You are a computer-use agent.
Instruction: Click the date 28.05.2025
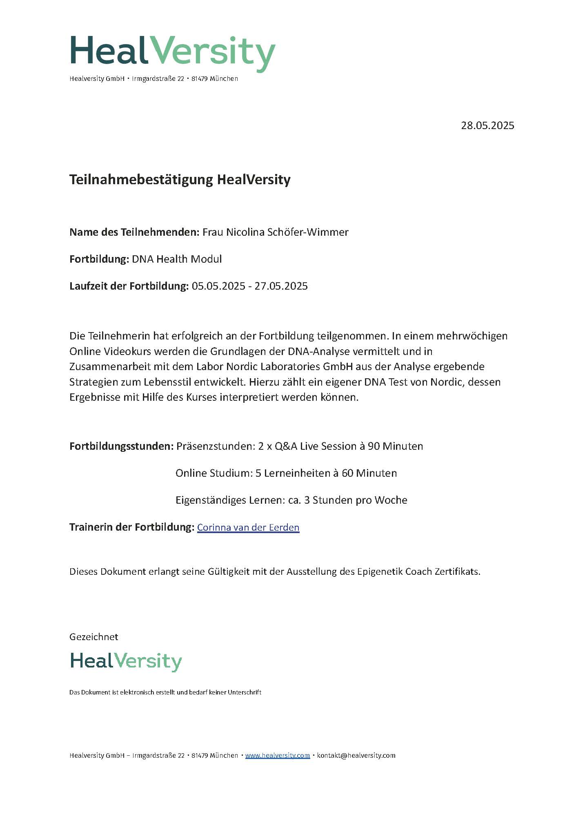[487, 125]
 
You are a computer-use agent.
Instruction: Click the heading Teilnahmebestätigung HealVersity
[180, 180]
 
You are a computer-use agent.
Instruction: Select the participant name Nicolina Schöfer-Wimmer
[287, 232]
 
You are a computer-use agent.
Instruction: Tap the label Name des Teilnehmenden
[134, 232]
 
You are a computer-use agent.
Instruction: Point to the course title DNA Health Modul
[177, 259]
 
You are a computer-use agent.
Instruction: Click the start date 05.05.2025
[218, 286]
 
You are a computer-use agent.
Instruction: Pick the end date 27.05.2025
[281, 286]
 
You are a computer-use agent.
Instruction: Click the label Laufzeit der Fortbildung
[129, 286]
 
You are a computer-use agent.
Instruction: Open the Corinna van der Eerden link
[248, 527]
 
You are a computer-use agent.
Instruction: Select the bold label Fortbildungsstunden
[122, 446]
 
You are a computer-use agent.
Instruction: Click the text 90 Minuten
[395, 446]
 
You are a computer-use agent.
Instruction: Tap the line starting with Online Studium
[286, 473]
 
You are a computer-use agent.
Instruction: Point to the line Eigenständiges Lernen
[291, 500]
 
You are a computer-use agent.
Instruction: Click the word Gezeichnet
[94, 637]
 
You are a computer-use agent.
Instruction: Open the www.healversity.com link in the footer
[277, 755]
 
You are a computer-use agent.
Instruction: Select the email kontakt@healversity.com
[356, 755]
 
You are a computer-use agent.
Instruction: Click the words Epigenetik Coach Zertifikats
[418, 571]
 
